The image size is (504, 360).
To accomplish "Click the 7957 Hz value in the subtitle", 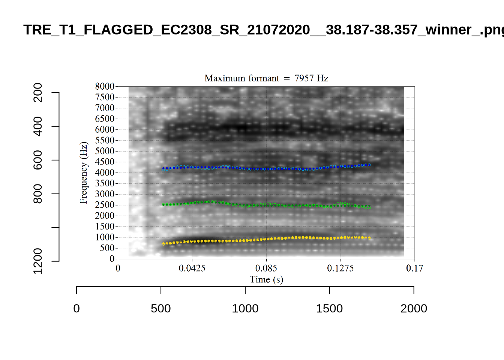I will (x=311, y=78).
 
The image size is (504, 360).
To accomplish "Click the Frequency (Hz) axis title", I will (x=83, y=172).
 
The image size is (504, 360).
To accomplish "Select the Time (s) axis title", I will (x=266, y=279).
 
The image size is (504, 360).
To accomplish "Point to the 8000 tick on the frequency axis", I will (x=105, y=86).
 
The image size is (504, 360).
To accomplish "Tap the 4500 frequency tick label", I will (x=105, y=162).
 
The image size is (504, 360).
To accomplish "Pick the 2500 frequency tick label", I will (x=105, y=205).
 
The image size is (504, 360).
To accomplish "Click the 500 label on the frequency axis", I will (x=107, y=248).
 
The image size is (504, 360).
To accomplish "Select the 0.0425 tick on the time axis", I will (x=192, y=268).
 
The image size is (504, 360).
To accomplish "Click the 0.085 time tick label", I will (x=266, y=268).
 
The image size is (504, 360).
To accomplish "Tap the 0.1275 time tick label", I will (x=340, y=268).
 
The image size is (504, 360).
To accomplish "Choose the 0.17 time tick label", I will (x=414, y=268).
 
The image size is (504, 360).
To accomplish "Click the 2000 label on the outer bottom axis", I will (x=414, y=309).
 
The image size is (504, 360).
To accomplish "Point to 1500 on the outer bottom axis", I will (x=329, y=309).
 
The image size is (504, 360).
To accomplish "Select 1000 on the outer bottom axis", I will (x=245, y=309).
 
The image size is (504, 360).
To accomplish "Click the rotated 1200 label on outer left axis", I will (x=38, y=261).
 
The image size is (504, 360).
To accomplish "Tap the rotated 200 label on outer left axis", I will (x=38, y=93).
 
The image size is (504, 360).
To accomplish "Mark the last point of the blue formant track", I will (x=369, y=165).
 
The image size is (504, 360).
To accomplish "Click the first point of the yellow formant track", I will (x=163, y=244).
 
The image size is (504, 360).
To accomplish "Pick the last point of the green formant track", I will (x=369, y=207).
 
